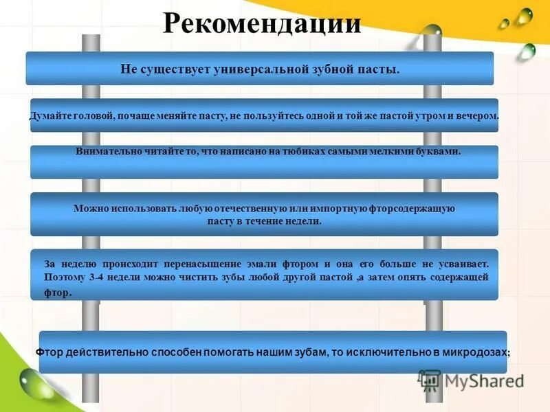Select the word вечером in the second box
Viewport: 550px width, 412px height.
pos(480,117)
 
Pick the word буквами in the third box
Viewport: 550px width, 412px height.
pos(440,151)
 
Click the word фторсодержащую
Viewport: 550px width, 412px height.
pos(412,208)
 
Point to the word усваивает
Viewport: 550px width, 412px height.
pos(463,264)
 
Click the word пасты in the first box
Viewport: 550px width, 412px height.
pos(380,69)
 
